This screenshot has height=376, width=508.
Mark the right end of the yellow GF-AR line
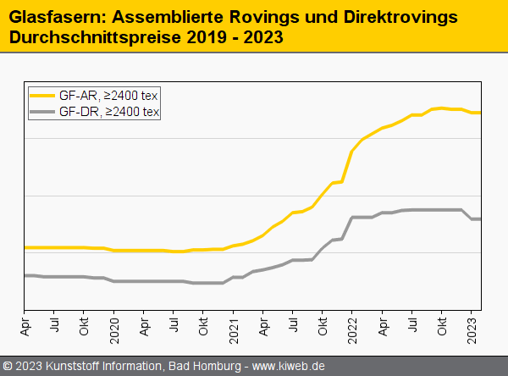tap(480, 113)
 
